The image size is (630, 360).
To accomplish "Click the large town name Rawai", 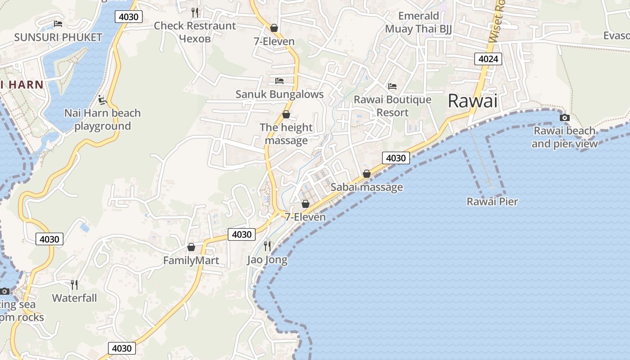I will point(472,101).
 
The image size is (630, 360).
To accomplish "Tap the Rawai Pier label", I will point(492,202).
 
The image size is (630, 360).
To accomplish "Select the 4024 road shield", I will point(488,59).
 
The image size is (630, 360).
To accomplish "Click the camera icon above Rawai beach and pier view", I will point(564,117).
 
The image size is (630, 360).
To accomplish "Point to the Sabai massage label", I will point(367,187).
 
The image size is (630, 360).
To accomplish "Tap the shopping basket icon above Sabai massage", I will point(367,174).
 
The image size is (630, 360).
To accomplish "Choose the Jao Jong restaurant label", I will point(267,260).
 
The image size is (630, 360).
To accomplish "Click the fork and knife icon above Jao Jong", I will point(267,246).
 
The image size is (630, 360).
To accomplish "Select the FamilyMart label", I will point(191,261).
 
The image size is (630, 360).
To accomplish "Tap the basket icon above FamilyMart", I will point(191,247).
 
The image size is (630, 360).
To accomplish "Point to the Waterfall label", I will point(74,298).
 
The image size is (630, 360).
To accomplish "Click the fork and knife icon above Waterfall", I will point(74,284).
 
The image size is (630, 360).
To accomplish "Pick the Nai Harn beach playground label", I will point(103,120).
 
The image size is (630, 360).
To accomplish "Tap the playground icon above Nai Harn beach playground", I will point(103,99).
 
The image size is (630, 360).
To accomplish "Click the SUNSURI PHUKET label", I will point(58,37).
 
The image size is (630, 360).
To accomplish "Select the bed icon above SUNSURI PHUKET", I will point(58,24).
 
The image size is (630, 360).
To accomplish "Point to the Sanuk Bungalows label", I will point(279,94).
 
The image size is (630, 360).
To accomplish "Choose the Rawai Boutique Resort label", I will point(392,106).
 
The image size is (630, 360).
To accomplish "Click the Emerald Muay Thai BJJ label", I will point(418,22).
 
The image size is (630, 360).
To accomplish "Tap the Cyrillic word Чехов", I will point(194,39).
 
